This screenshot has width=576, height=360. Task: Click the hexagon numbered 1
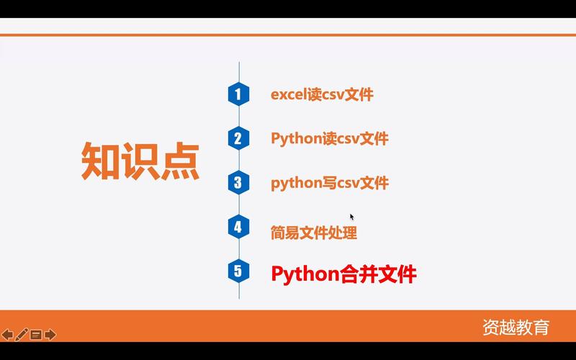coord(238,94)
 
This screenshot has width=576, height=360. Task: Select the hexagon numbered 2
coord(238,138)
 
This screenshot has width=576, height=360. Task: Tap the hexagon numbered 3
coord(238,183)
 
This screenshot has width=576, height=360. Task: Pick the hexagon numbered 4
coord(238,228)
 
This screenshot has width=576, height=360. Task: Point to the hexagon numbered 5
coord(238,271)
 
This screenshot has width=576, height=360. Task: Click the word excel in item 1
coord(289,94)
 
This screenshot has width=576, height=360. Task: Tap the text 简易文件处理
coord(314,232)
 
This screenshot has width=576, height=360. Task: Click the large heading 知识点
coord(140,161)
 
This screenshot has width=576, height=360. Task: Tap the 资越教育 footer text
coord(516,327)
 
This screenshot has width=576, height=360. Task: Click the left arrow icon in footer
coord(7,334)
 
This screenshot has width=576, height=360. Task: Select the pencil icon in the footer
coord(22,334)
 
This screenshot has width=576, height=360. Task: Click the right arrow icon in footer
coord(50,334)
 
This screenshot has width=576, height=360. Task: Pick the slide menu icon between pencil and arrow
coord(36,334)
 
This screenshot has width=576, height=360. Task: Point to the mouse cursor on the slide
coord(352,217)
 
